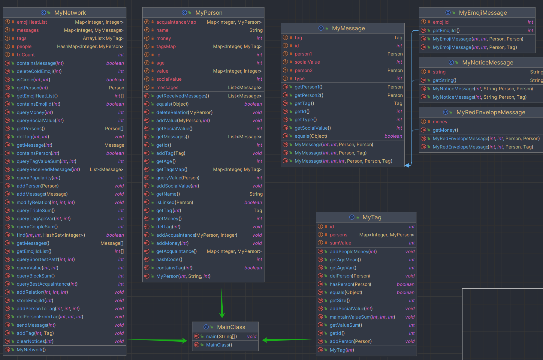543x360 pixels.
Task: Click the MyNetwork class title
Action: [70, 13]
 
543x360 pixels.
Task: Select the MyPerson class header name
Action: [209, 13]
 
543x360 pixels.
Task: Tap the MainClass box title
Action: [231, 327]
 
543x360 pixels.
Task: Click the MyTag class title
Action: [372, 217]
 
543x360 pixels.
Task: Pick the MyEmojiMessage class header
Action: [483, 13]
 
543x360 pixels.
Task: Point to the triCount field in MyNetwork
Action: [26, 55]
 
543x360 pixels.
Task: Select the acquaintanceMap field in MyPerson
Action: [176, 22]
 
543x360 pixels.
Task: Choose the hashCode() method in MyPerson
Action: [169, 259]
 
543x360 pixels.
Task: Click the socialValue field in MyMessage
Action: [307, 62]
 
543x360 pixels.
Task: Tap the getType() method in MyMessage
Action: [306, 120]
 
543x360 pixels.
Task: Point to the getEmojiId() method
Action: [446, 31]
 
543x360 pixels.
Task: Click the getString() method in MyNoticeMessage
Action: [444, 80]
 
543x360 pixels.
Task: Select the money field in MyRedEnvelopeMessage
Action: [440, 122]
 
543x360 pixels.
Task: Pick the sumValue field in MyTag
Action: [340, 243]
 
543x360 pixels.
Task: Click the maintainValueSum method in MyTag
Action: [362, 317]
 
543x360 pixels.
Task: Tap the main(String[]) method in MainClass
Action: [221, 337]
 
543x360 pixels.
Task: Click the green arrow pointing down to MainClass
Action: [222, 303]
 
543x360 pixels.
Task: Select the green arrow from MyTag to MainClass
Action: [287, 340]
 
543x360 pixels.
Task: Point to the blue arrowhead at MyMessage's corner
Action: [407, 165]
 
